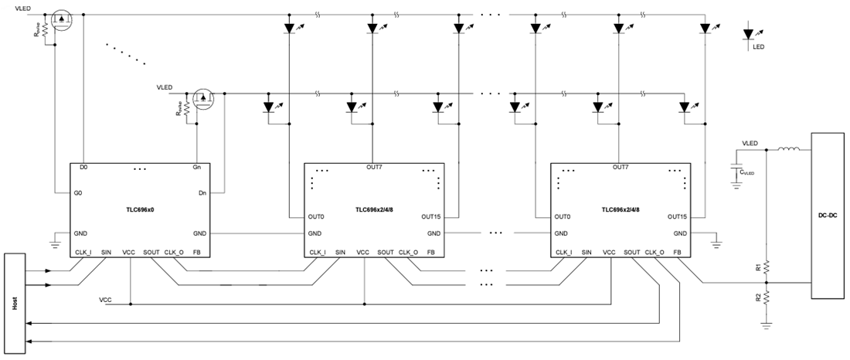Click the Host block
(15, 302)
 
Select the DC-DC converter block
(828, 216)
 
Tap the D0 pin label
(83, 167)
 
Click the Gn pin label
(196, 167)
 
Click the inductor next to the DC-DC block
(788, 149)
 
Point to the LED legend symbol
(748, 35)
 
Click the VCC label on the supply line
(106, 298)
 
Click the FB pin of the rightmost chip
(677, 252)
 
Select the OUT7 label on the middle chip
(374, 167)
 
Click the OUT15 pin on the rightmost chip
(676, 216)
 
